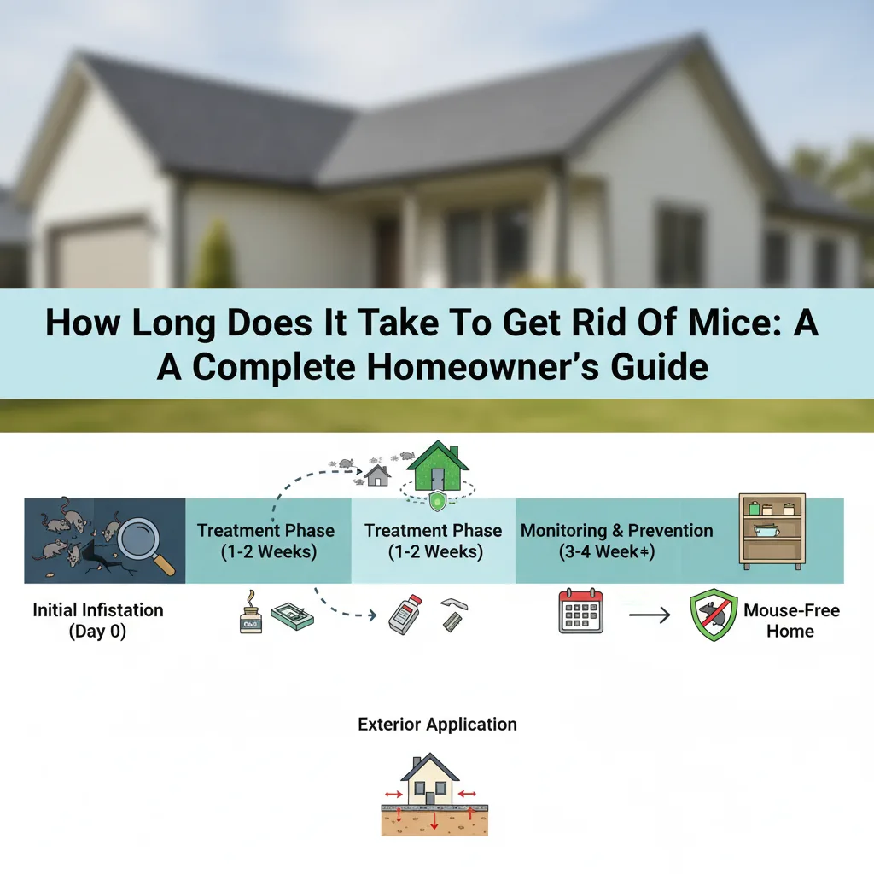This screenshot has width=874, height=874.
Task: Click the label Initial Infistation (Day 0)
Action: [x=98, y=621]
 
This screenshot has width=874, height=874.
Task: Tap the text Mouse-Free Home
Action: [x=790, y=621]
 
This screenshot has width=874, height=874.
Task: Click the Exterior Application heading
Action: [x=437, y=725]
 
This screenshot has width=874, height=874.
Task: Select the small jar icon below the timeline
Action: [x=250, y=616]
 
